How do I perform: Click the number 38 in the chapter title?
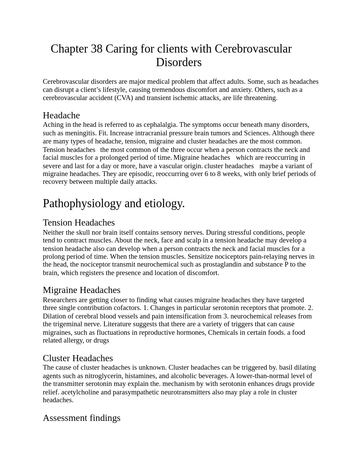[x=97, y=49]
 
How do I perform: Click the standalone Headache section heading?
[x=61, y=115]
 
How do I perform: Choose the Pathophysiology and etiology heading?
[x=114, y=203]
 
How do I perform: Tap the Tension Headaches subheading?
[x=79, y=222]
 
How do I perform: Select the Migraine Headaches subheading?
[x=81, y=290]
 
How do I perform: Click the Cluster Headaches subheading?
[x=78, y=358]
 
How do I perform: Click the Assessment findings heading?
[x=81, y=418]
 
